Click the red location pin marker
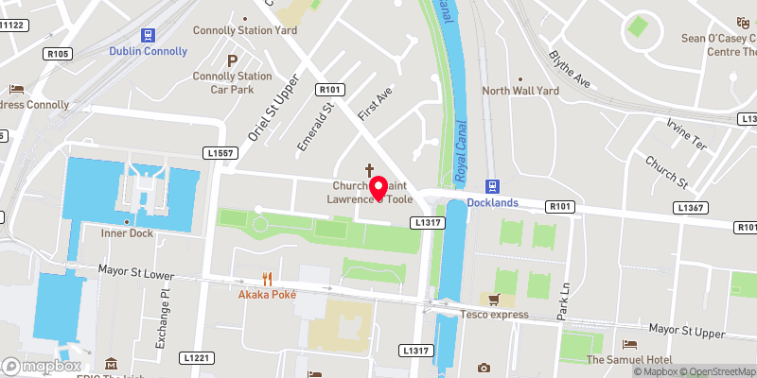(378, 188)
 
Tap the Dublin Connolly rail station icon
(148, 34)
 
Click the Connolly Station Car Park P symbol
(231, 60)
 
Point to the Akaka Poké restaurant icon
(268, 279)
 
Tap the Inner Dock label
(128, 232)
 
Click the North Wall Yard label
(519, 91)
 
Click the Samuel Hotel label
(628, 360)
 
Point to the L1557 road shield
(219, 152)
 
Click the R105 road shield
(58, 54)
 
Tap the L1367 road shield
(690, 207)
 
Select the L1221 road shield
(197, 357)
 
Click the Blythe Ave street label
(570, 69)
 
